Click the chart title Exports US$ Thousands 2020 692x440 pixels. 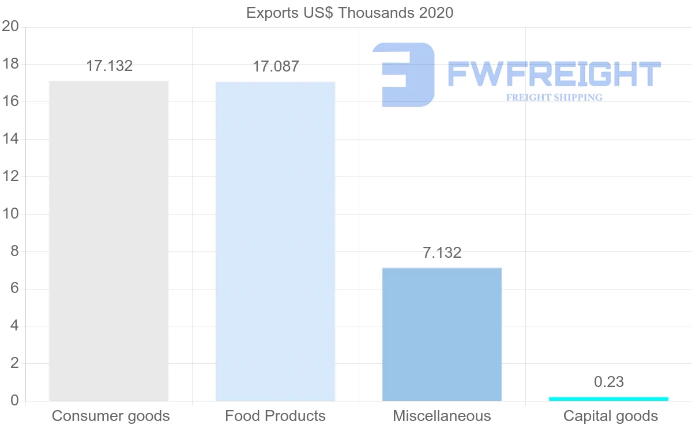click(349, 13)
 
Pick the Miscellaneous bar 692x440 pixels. click(442, 334)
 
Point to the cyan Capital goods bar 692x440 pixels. click(608, 398)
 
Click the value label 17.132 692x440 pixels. click(109, 66)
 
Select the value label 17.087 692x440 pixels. click(276, 66)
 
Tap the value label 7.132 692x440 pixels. click(442, 253)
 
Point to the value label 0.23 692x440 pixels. click(609, 382)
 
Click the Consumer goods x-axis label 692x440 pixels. click(111, 416)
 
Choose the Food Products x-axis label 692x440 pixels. click(275, 416)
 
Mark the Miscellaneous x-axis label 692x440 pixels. click(442, 416)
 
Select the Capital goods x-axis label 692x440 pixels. click(610, 416)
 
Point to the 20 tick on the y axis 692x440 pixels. click(10, 27)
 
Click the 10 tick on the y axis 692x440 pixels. click(10, 214)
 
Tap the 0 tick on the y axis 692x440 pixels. click(14, 401)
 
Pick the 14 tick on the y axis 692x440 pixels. click(10, 139)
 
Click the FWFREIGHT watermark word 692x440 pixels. click(554, 74)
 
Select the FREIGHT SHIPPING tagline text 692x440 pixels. click(554, 97)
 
